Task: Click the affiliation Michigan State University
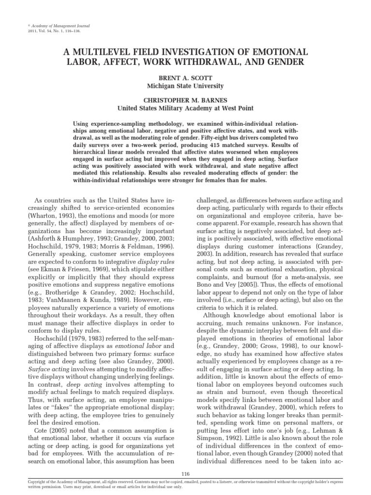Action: point(185,86)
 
